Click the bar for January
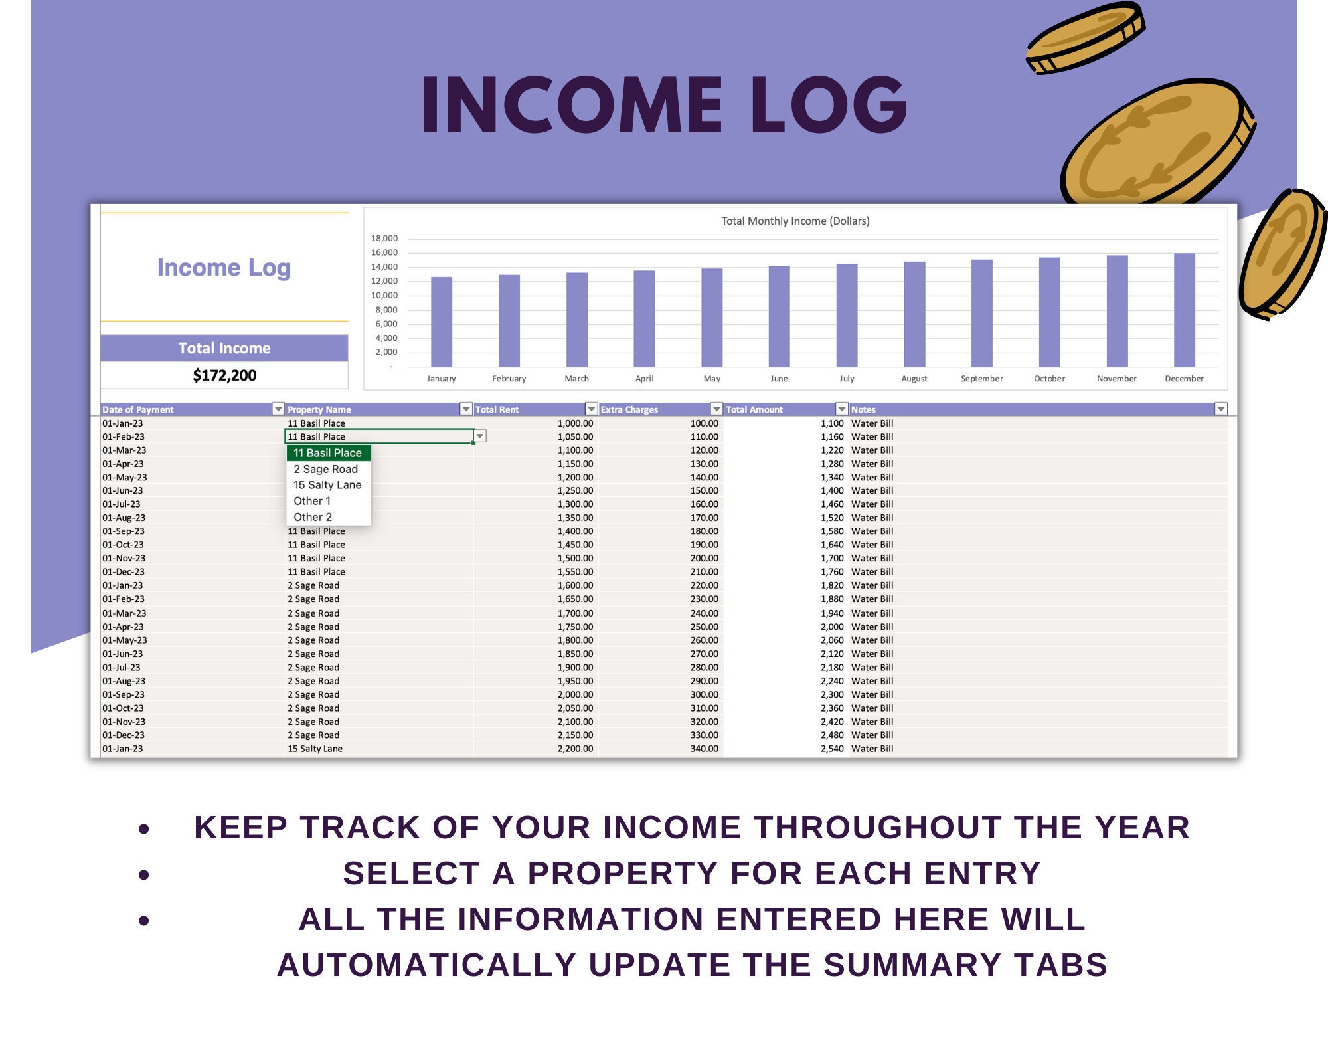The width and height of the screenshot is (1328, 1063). tap(442, 322)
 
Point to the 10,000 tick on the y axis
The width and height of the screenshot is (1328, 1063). tap(384, 296)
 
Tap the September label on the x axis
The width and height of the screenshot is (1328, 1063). tap(981, 379)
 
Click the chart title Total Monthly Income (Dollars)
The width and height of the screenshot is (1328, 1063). tap(795, 221)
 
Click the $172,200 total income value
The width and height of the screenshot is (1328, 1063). tap(224, 375)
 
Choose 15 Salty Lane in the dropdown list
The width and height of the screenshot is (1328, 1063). tap(327, 485)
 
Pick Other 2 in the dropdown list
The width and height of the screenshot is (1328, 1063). tap(313, 517)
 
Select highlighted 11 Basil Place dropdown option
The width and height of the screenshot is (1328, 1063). tap(327, 453)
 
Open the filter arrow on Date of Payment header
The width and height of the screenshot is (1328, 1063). tap(278, 409)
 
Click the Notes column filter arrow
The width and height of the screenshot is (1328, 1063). tap(1220, 409)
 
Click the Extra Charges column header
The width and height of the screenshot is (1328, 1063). tap(629, 409)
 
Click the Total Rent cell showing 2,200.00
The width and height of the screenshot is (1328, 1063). tap(575, 749)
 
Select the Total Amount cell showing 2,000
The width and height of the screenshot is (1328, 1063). tap(831, 627)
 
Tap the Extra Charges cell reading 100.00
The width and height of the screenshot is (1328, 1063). tap(704, 423)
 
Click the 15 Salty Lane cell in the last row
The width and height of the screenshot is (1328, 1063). tap(315, 749)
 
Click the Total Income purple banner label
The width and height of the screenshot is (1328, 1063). tap(224, 348)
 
